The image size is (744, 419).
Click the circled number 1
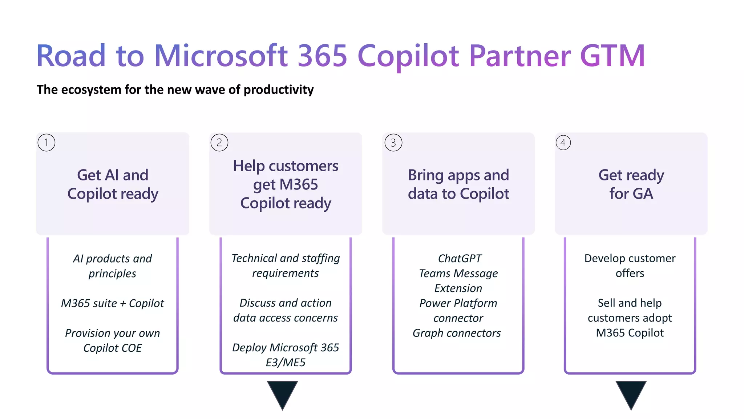point(46,143)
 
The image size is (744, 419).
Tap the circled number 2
point(219,143)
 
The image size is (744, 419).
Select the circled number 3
point(393,143)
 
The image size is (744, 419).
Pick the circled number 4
point(563,143)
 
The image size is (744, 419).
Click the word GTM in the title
point(612,56)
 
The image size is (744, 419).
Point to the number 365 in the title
point(323,56)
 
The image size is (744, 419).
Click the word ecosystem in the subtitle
point(91,89)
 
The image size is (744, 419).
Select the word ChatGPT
point(460,259)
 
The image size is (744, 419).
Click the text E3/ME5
point(286,363)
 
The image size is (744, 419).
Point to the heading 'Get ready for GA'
point(631,184)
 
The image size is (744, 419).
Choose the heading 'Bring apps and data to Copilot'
point(458,184)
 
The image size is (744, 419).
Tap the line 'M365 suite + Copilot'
point(112,303)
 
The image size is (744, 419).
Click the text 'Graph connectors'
point(457,333)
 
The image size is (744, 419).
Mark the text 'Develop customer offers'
point(630,266)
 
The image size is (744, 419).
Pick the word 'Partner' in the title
point(519,56)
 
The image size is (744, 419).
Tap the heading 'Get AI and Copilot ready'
point(113,184)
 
